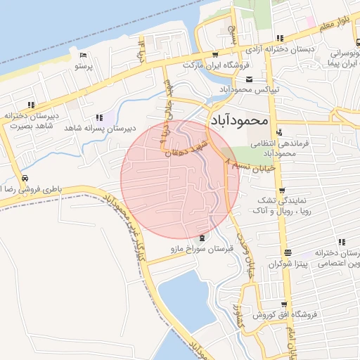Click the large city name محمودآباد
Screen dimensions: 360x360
(x=239, y=121)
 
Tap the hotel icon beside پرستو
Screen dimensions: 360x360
(x=84, y=56)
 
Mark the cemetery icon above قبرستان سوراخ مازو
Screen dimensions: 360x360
(x=202, y=238)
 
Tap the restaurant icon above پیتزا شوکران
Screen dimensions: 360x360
(x=288, y=252)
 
